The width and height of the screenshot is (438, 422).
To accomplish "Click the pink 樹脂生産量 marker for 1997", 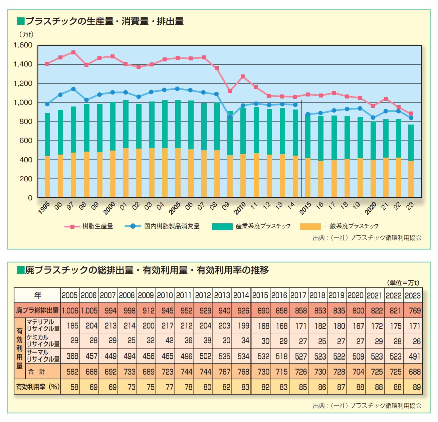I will [x=73, y=52].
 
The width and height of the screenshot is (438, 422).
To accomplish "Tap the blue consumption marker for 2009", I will [x=230, y=117].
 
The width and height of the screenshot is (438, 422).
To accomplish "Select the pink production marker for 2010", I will [x=243, y=76].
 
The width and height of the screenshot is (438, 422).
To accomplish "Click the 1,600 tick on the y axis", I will [x=23, y=45].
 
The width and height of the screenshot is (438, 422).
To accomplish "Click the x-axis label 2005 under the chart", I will [x=175, y=208].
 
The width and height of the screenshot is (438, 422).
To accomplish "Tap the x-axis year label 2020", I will [x=371, y=208].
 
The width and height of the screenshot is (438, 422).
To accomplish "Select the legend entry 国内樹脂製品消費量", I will [x=172, y=226].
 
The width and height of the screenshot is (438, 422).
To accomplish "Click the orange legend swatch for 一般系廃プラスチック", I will [x=310, y=226].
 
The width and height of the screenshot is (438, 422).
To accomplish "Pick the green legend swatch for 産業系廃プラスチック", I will [x=222, y=226].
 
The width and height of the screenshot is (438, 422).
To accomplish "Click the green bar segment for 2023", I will [x=411, y=143].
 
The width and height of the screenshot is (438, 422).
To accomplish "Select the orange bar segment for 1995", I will [x=47, y=176].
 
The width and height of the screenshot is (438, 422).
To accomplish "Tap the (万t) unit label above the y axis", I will [x=26, y=34].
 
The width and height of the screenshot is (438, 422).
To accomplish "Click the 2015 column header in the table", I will [x=260, y=295].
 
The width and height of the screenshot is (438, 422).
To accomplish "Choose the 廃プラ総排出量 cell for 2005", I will [x=70, y=311].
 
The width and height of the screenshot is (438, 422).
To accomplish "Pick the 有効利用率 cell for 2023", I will [x=413, y=387].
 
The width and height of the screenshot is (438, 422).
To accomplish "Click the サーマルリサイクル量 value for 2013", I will [x=222, y=356].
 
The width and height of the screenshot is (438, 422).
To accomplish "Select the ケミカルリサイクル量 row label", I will [x=43, y=341].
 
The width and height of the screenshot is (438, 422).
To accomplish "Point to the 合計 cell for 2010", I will [x=165, y=372].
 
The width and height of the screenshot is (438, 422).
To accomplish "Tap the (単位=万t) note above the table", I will [x=403, y=283].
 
